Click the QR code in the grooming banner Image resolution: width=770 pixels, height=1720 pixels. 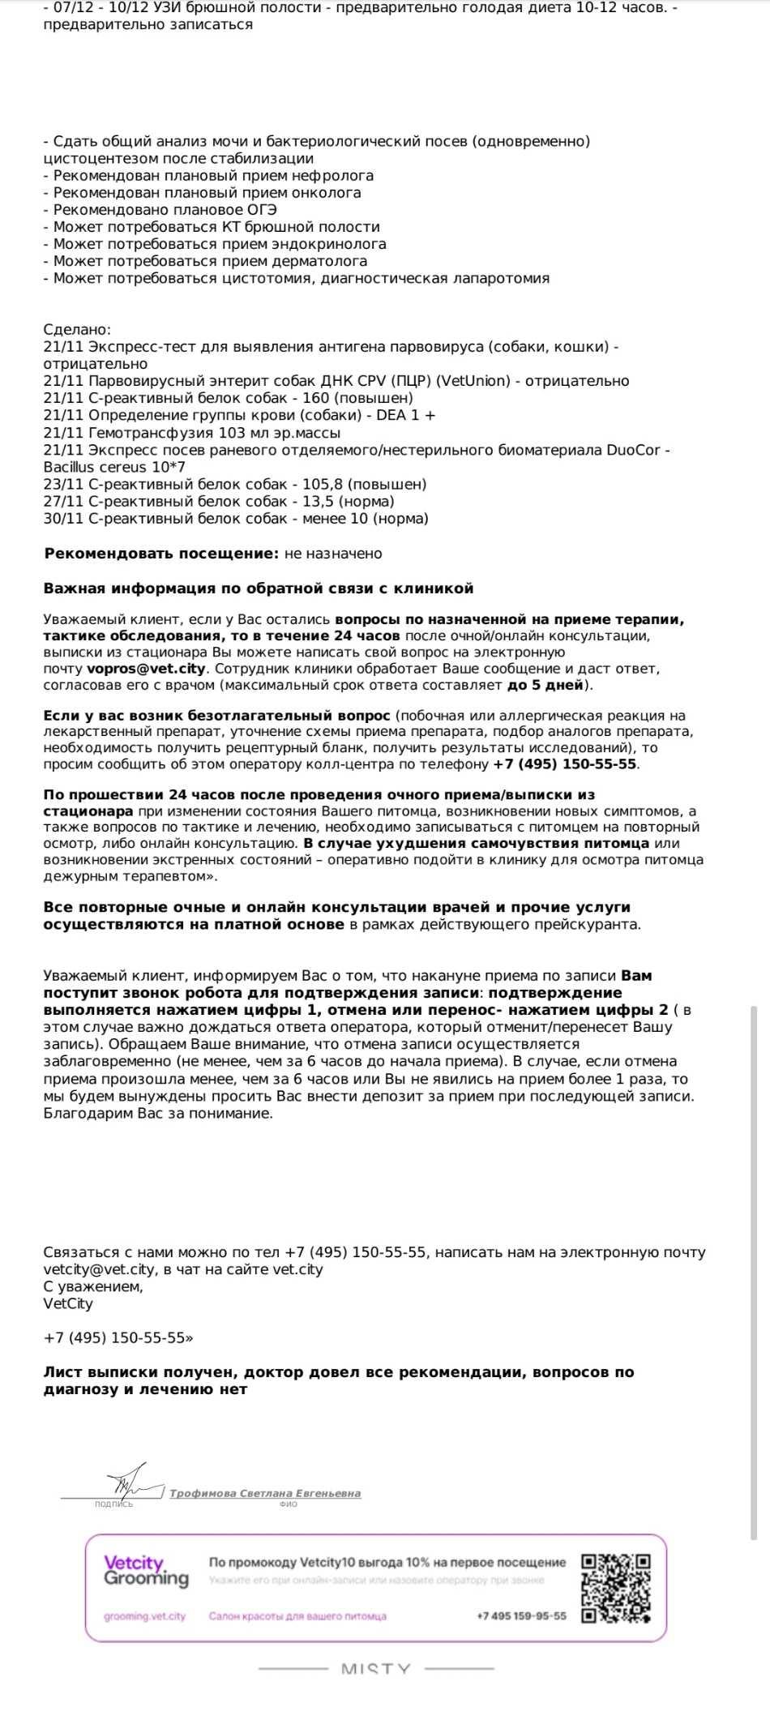coord(616,1588)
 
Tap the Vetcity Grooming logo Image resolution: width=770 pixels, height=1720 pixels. coord(146,1571)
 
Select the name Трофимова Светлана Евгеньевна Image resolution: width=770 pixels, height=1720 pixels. coord(265,1493)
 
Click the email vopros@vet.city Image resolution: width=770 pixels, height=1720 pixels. coord(147,669)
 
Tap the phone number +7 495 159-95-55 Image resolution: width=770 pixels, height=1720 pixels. coord(522,1615)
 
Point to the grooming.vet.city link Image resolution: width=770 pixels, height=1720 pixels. coord(144,1616)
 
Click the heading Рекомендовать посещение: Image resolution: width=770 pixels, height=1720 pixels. coord(161,554)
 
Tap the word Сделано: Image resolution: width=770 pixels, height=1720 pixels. coord(77,330)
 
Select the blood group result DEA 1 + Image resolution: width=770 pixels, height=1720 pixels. coord(406,415)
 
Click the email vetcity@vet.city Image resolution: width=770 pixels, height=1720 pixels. coord(99,1269)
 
